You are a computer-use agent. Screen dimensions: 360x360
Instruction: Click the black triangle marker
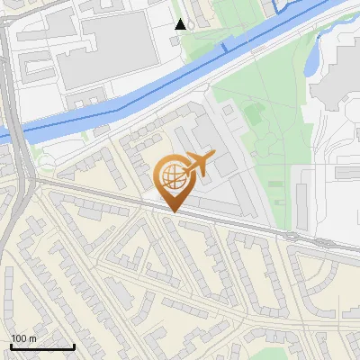pos(181,24)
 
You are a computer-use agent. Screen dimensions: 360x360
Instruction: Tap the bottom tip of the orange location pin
pos(173,211)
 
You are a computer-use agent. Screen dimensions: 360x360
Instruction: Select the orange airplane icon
pos(198,166)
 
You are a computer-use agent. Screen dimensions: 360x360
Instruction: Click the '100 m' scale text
pos(23,339)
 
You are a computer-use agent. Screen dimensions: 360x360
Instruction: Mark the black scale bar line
pos(42,346)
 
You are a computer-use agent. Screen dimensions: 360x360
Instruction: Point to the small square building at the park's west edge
pos(229,110)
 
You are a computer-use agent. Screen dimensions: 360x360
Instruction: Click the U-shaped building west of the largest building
pos(36,63)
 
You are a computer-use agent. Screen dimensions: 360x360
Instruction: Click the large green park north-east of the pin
pos(270,144)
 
